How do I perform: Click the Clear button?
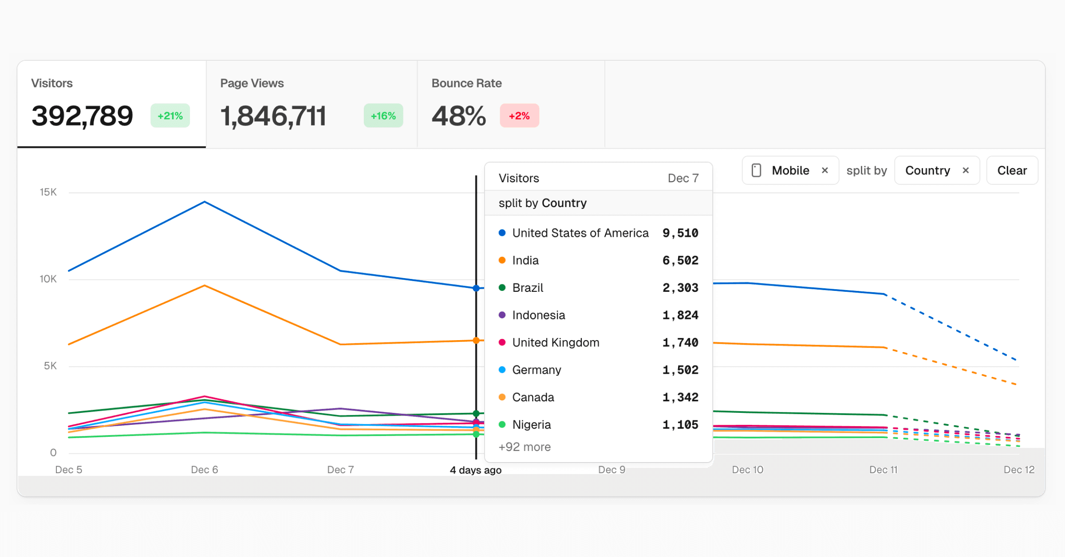click(1012, 170)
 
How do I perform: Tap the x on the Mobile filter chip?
click(825, 170)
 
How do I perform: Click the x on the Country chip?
click(966, 170)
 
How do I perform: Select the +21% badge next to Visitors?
click(170, 116)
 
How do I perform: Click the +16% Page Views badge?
click(383, 116)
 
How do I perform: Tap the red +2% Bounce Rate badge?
click(519, 116)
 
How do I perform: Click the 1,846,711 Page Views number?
click(273, 116)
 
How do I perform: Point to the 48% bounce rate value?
click(458, 116)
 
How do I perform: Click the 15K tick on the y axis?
click(48, 192)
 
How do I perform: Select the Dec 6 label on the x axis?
click(204, 470)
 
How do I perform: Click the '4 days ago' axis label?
click(475, 470)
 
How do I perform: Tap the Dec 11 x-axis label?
click(883, 470)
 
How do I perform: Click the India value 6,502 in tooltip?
click(680, 260)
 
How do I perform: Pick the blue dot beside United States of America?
click(502, 233)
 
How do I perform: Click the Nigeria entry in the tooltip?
click(531, 424)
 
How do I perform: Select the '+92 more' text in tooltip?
click(525, 447)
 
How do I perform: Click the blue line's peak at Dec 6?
click(205, 202)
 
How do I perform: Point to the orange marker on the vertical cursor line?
click(476, 341)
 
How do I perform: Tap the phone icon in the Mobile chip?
click(757, 170)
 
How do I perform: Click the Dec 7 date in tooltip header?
click(683, 178)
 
